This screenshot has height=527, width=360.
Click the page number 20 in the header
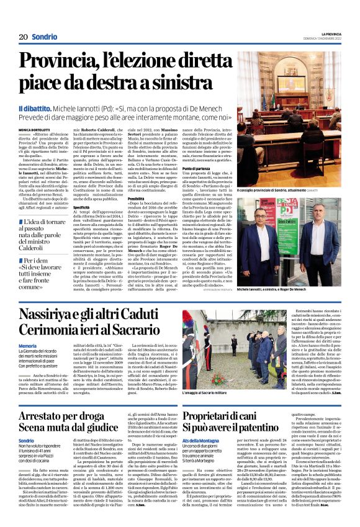click(x=23, y=37)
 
